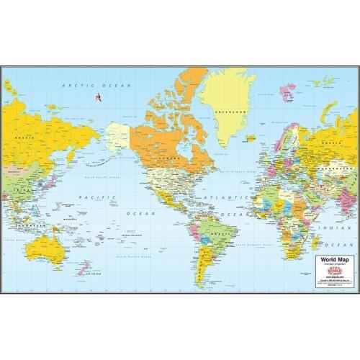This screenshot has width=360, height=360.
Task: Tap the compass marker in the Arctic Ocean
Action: (x=98, y=97)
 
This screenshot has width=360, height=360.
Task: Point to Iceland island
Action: (x=250, y=138)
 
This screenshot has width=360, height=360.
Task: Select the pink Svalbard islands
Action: (x=287, y=91)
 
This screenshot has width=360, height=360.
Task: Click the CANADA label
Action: (x=171, y=156)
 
